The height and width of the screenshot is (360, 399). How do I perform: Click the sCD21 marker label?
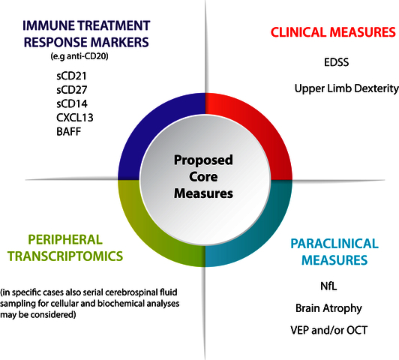coord(71,76)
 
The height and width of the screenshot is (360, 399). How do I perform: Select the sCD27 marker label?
coord(72,90)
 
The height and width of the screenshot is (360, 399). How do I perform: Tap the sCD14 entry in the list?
coord(72,103)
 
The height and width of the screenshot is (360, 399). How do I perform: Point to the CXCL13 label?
coord(75,118)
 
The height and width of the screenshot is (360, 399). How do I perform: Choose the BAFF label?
coord(69,132)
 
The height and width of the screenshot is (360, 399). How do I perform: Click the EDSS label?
coord(337,62)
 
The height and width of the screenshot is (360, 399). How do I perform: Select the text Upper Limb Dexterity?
coord(346,88)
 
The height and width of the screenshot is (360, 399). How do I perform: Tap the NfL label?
coord(328,286)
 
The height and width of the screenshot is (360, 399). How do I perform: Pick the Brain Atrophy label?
coord(328,308)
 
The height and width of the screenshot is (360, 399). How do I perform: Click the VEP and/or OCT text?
coord(328,330)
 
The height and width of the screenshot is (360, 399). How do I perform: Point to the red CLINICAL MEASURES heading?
coord(333,32)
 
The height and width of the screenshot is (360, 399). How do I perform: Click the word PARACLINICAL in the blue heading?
coord(334,244)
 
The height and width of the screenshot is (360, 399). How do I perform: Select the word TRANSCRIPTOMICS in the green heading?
coord(65,256)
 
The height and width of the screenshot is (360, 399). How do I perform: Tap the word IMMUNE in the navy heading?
coord(48,25)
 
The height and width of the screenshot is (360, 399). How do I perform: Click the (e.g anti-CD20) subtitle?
coord(79,56)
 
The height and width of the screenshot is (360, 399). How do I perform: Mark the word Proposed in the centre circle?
coord(203,160)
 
